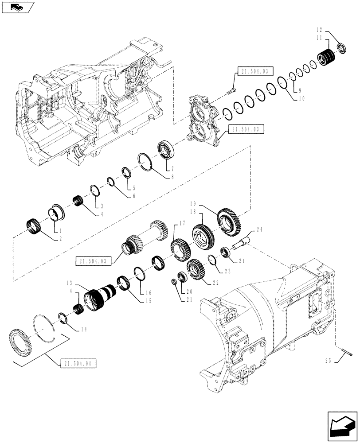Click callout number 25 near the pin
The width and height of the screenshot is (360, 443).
329,361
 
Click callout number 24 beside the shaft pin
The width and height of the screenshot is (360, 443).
259,229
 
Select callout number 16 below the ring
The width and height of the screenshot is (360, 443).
148,292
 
